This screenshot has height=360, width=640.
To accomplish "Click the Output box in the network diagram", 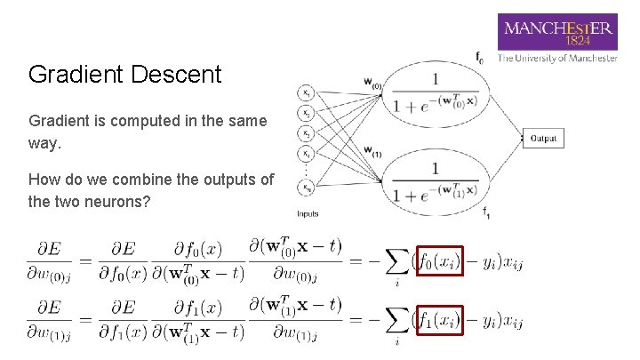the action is [x=543, y=139].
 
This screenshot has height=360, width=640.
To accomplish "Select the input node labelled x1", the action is [x=306, y=92].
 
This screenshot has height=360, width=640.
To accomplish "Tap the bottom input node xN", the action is [x=306, y=188].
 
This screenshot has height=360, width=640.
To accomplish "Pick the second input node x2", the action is [x=306, y=113].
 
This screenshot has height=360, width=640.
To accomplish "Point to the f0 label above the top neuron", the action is [x=479, y=58].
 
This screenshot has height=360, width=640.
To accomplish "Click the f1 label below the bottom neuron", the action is [x=486, y=212].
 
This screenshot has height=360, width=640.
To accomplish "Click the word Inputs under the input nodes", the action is [x=308, y=213].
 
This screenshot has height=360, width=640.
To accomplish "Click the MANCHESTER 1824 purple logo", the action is [x=558, y=32].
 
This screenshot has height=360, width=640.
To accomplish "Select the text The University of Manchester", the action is [x=557, y=59].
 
